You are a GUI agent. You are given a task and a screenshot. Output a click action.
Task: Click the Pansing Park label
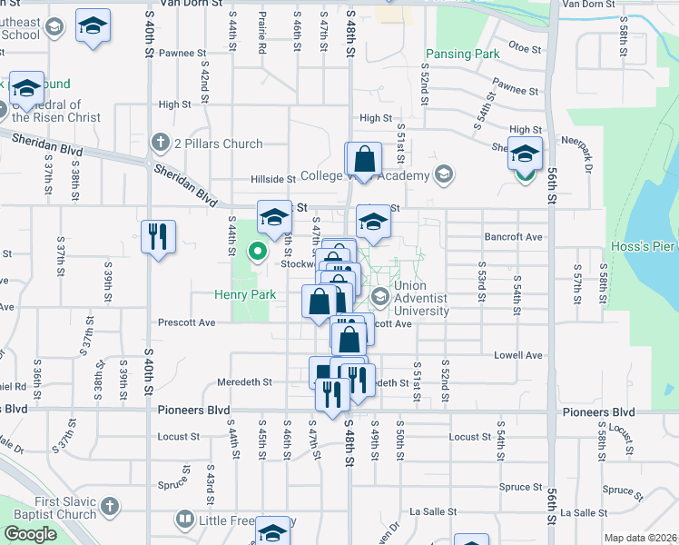[x=462, y=54]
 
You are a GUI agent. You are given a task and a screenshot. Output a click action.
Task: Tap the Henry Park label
[x=245, y=294]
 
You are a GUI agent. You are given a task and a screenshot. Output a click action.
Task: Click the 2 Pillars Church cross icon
[x=161, y=143]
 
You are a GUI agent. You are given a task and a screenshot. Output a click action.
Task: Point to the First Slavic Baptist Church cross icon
[x=108, y=506]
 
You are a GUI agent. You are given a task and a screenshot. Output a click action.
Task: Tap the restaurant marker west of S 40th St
[x=159, y=237]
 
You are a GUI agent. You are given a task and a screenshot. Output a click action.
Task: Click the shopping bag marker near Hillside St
[x=363, y=160]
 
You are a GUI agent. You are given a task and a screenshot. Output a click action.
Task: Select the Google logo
[x=30, y=534]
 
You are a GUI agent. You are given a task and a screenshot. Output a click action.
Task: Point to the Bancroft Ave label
[x=518, y=237]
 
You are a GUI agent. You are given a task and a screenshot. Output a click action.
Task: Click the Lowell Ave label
[x=518, y=355]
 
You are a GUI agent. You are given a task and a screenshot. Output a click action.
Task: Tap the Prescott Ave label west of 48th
[x=186, y=322]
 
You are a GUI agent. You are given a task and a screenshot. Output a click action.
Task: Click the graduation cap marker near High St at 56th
[x=525, y=154]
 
